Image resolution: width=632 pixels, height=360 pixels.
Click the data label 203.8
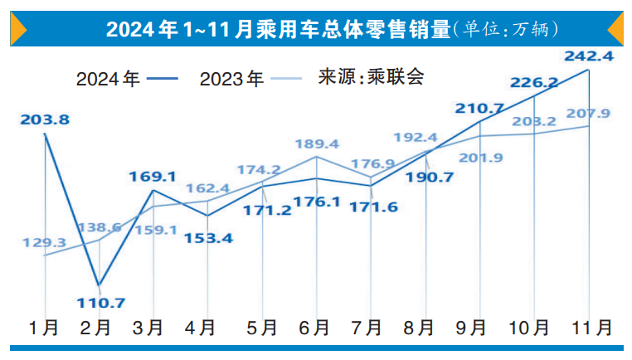[44, 119]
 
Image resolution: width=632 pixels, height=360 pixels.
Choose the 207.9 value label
[587, 113]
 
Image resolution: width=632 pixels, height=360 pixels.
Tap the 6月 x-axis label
[316, 328]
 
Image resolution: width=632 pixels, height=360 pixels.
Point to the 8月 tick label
[425, 328]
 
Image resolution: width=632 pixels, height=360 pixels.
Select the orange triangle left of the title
[19, 29]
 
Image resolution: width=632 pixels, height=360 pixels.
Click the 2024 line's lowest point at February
[100, 285]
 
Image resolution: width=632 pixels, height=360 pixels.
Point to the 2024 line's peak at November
[589, 71]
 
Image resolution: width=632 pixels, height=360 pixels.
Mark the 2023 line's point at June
[317, 157]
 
